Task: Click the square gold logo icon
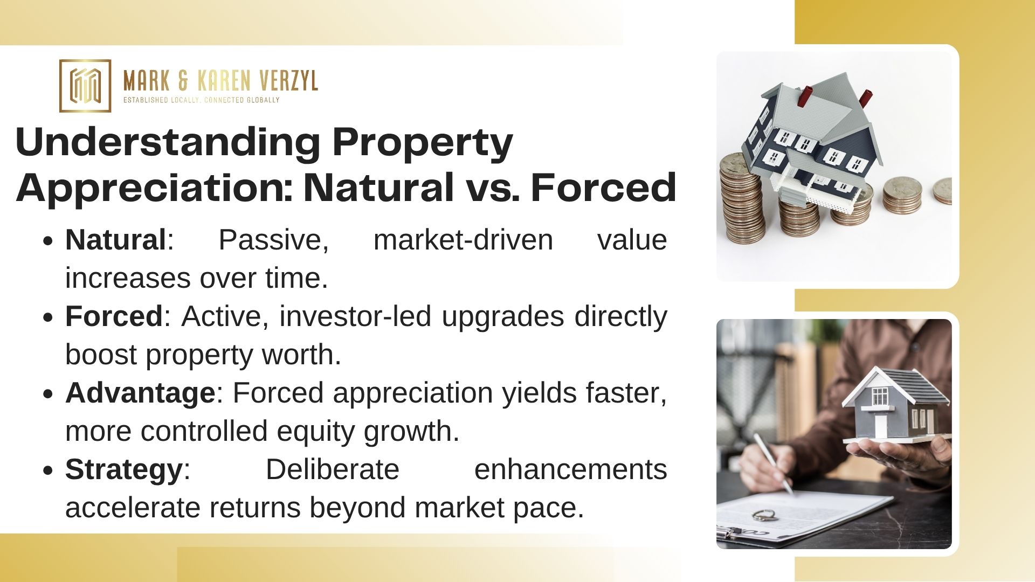pyautogui.click(x=85, y=86)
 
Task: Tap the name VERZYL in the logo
pyautogui.click(x=288, y=81)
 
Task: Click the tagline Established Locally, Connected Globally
pyautogui.click(x=202, y=100)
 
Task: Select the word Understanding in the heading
pyautogui.click(x=168, y=143)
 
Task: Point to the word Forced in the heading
pyautogui.click(x=603, y=188)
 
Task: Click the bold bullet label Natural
pyautogui.click(x=115, y=240)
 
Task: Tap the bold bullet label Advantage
pyautogui.click(x=140, y=393)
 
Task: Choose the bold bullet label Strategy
pyautogui.click(x=124, y=470)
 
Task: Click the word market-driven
pyautogui.click(x=463, y=240)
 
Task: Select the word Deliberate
pyautogui.click(x=332, y=469)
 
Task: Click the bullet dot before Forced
pyautogui.click(x=49, y=317)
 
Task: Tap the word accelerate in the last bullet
pyautogui.click(x=132, y=508)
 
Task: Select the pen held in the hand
pyautogui.click(x=773, y=463)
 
